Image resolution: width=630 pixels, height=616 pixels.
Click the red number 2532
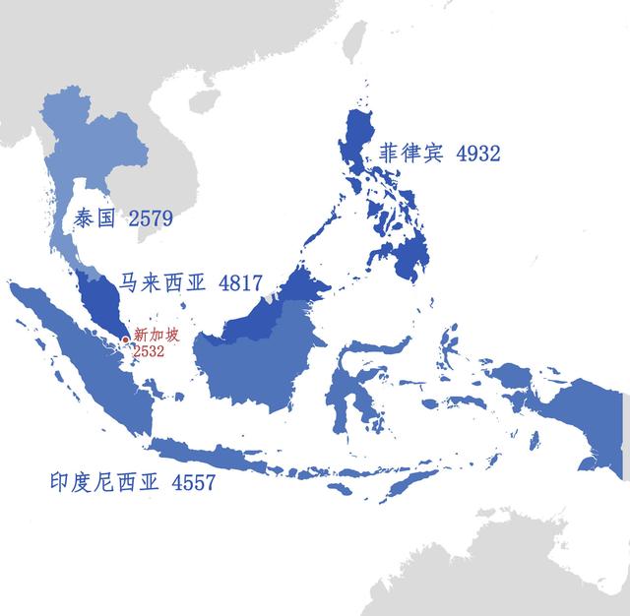coord(148,350)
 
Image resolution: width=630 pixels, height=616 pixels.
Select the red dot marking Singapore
coord(126,340)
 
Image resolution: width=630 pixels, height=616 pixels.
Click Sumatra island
coord(84,349)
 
